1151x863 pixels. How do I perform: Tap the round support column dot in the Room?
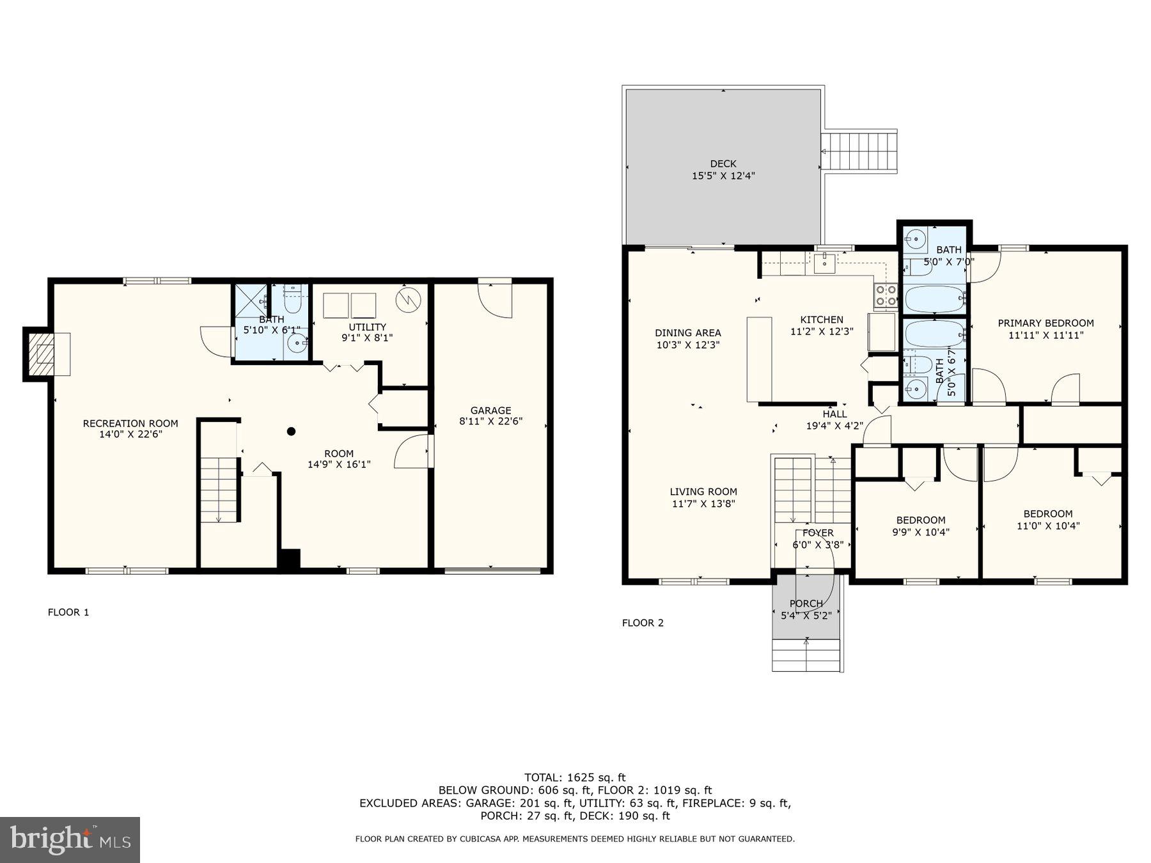[x=291, y=432]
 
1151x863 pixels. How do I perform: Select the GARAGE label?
[x=490, y=410]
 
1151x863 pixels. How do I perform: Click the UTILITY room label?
[x=367, y=327]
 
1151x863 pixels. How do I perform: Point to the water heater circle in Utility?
[x=407, y=300]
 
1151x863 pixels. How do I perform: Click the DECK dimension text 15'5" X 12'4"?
[x=723, y=176]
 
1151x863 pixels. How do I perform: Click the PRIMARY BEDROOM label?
[x=1045, y=323]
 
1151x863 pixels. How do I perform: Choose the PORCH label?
[x=806, y=603]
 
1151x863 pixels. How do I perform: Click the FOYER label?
[x=818, y=533]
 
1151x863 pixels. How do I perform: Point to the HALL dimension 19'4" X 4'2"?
[x=834, y=426]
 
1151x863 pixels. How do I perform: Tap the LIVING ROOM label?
[x=703, y=492]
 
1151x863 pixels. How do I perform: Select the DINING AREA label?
[x=687, y=332]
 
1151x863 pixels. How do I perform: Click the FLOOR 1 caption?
[x=68, y=612]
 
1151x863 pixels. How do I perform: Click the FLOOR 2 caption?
[x=643, y=623]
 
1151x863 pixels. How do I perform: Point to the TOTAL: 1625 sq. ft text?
[x=575, y=777]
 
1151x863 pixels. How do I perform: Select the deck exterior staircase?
[x=859, y=152]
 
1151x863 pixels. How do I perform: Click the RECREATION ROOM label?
[x=130, y=423]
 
